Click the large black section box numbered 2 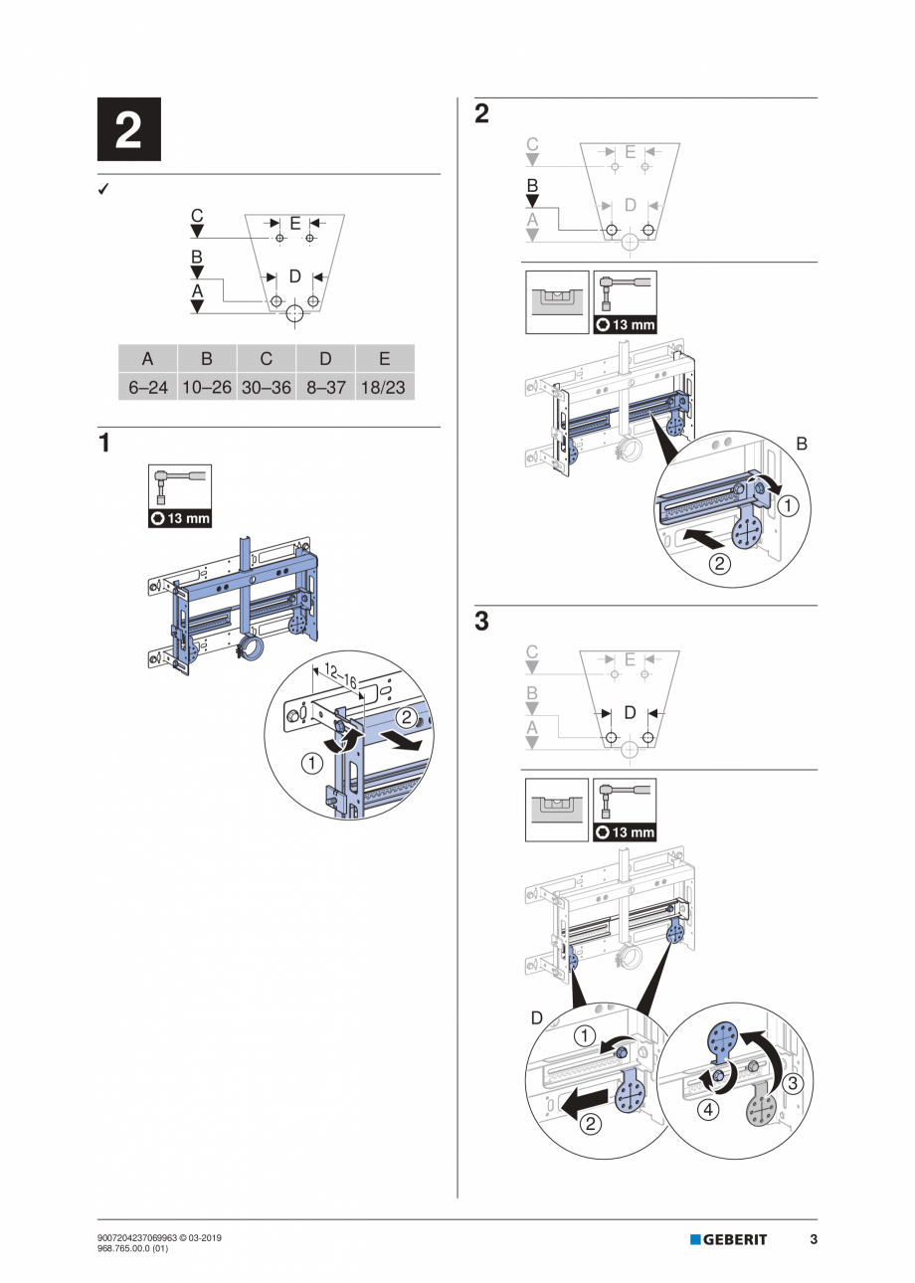128,130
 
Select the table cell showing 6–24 148,388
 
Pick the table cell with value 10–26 207,388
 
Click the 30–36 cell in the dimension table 266,388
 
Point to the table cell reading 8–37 325,388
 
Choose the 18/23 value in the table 384,388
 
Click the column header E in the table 384,359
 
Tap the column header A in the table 148,359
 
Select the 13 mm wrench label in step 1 180,518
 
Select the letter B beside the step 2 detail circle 802,446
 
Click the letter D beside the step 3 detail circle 537,1018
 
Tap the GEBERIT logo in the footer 729,1239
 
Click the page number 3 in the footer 813,1239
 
